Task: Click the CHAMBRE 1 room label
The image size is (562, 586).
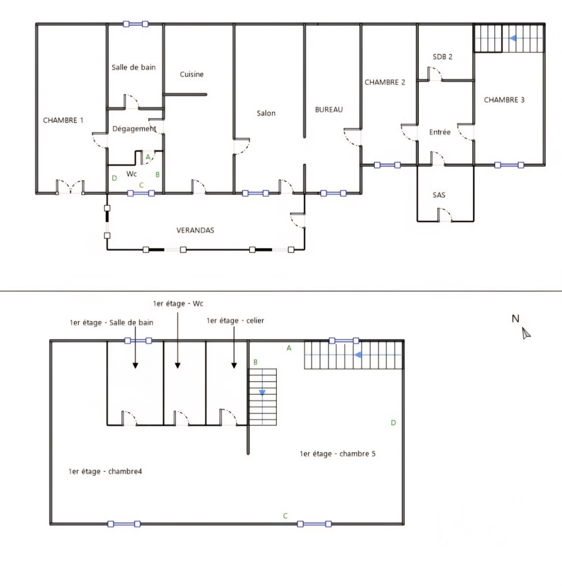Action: point(63,120)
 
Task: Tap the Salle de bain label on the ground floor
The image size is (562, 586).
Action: point(133,67)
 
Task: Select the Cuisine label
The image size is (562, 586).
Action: point(192,74)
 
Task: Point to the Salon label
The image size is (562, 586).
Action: point(266,113)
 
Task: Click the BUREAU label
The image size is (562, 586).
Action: point(329,110)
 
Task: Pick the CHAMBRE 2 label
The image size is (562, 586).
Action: point(385,82)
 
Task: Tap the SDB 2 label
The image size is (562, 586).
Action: point(442,57)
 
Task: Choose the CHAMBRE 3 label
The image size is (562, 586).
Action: point(504,100)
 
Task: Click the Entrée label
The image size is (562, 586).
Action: point(440,132)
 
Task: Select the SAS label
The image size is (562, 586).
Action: point(439,195)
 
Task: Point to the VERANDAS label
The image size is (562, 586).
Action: point(195,230)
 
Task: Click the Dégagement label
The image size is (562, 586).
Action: point(134,129)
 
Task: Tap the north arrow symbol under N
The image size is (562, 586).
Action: point(526,333)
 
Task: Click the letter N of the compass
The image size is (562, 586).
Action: point(515,319)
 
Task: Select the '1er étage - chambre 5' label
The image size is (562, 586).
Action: point(337,454)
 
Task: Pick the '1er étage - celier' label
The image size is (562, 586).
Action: point(235,320)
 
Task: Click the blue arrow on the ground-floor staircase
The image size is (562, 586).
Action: point(513,38)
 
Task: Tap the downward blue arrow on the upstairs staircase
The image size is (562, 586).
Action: point(262,392)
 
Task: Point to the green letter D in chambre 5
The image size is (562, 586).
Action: point(393,423)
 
